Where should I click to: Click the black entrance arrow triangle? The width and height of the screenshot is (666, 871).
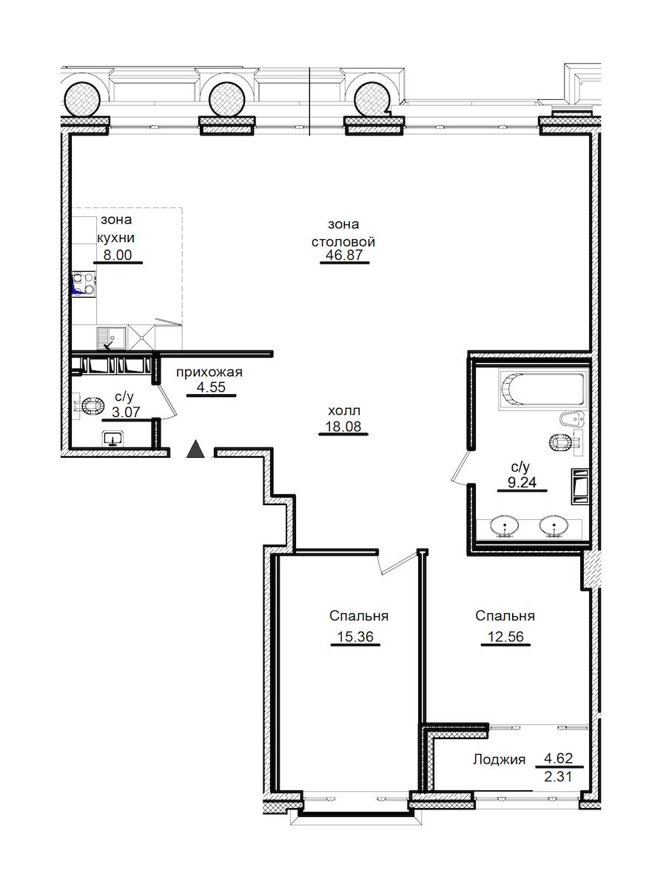pyautogui.click(x=195, y=450)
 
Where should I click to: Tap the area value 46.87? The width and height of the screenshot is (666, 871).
pyautogui.click(x=344, y=255)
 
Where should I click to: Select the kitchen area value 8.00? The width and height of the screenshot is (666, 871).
pyautogui.click(x=118, y=255)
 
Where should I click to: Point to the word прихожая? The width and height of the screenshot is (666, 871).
pyautogui.click(x=209, y=372)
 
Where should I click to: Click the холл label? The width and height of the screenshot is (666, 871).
pyautogui.click(x=344, y=411)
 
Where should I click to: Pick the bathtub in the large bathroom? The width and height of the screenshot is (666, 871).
pyautogui.click(x=543, y=390)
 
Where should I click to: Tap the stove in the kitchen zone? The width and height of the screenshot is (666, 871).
pyautogui.click(x=84, y=284)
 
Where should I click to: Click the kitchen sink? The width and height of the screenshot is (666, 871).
pyautogui.click(x=112, y=338)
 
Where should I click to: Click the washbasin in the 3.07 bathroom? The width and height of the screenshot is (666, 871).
pyautogui.click(x=113, y=438)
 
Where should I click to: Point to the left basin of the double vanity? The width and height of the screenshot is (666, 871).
pyautogui.click(x=505, y=525)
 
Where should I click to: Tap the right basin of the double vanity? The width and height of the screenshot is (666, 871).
pyautogui.click(x=554, y=525)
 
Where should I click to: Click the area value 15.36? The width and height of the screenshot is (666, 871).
pyautogui.click(x=355, y=637)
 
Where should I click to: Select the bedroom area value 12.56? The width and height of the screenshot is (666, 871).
pyautogui.click(x=505, y=637)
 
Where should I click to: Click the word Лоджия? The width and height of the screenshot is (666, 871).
pyautogui.click(x=499, y=759)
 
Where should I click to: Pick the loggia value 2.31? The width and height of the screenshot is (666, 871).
pyautogui.click(x=558, y=776)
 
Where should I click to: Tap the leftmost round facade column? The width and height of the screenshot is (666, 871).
pyautogui.click(x=83, y=99)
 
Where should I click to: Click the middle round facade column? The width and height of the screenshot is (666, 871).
pyautogui.click(x=227, y=99)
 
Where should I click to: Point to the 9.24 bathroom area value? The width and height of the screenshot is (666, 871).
pyautogui.click(x=522, y=482)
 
